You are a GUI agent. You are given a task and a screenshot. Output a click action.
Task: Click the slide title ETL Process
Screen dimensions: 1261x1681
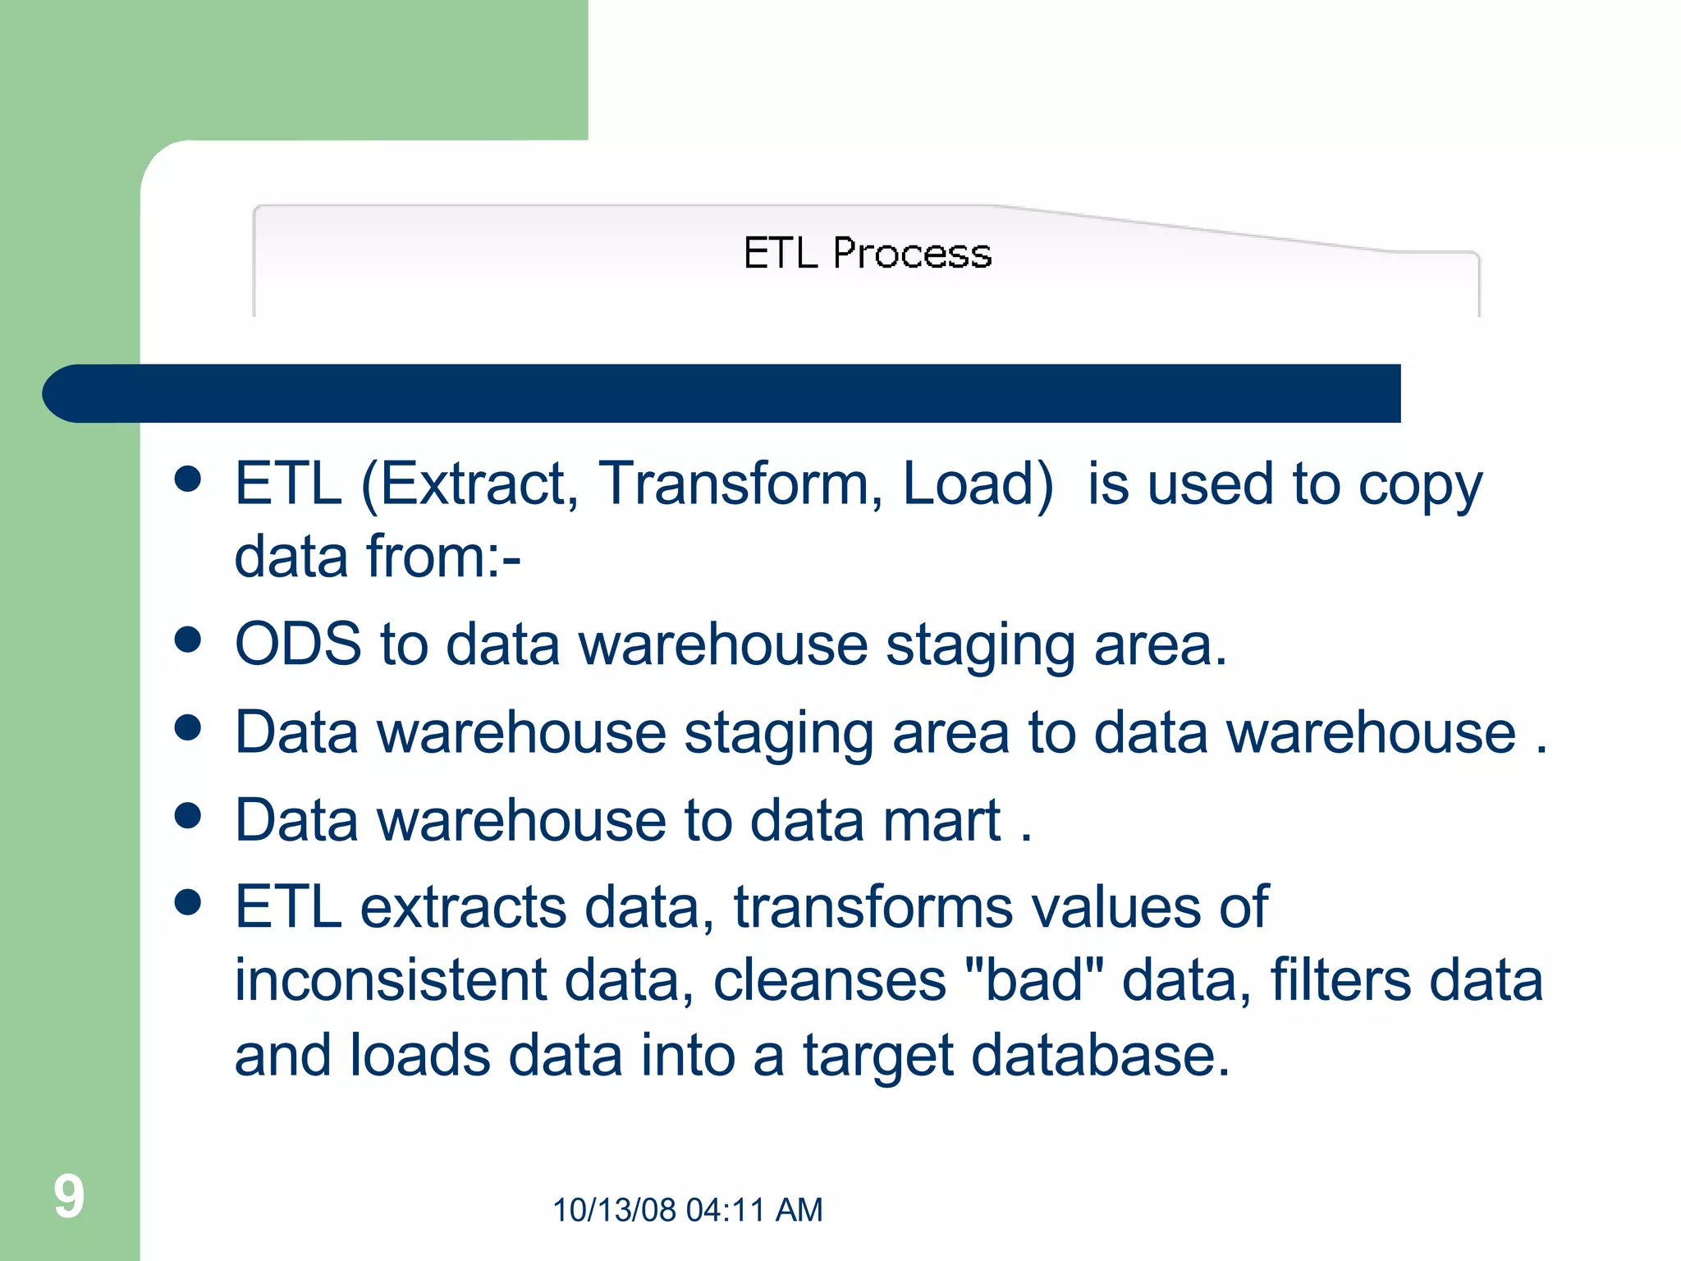click(x=867, y=253)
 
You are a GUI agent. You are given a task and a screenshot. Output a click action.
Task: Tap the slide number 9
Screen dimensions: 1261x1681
click(x=69, y=1196)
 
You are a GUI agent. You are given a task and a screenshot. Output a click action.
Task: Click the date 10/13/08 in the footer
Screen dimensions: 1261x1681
click(x=614, y=1210)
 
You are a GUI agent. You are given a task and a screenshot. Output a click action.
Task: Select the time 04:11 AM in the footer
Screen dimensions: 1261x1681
click(x=753, y=1210)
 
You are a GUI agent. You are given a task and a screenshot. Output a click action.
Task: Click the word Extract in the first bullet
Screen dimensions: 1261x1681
click(x=470, y=484)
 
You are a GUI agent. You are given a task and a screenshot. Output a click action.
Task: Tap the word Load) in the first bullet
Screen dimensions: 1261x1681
click(x=978, y=484)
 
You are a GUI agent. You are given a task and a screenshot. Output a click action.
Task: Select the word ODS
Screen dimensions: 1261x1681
click(x=298, y=644)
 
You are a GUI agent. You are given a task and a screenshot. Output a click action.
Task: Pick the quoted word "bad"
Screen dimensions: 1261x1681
click(x=1034, y=980)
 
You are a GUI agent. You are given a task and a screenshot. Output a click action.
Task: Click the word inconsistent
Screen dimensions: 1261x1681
click(x=391, y=980)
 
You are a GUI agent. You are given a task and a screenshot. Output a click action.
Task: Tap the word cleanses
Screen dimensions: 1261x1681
click(x=829, y=980)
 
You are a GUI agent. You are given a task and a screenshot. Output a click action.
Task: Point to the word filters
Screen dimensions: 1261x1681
click(x=1340, y=980)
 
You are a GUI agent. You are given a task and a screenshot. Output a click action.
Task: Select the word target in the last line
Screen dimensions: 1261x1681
click(x=877, y=1056)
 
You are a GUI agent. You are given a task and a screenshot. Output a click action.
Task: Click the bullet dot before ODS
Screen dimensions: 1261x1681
click(x=189, y=640)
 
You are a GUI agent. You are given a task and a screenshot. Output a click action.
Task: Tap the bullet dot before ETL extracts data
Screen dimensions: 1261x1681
click(x=189, y=902)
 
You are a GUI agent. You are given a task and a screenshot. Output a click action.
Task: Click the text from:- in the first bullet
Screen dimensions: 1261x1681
click(x=443, y=557)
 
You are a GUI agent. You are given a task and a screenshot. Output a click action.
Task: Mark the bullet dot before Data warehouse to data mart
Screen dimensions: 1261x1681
click(x=189, y=815)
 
